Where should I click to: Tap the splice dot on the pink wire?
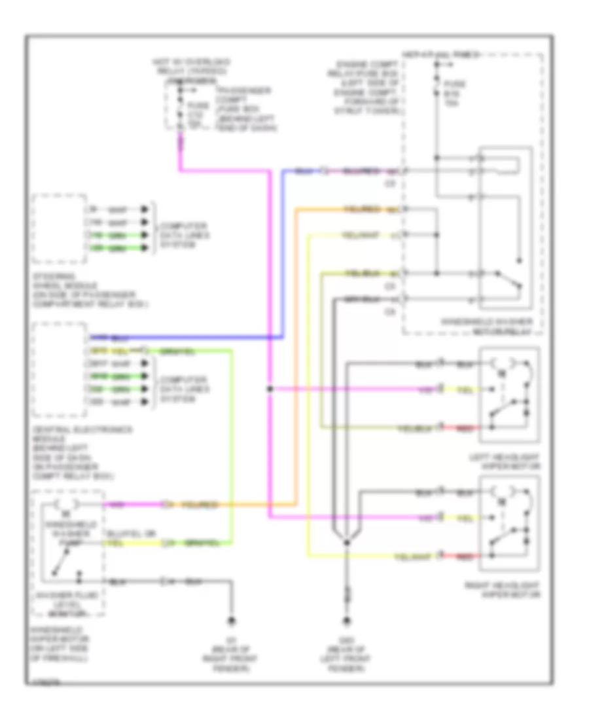(x=270, y=389)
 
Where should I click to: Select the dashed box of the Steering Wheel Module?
(x=59, y=228)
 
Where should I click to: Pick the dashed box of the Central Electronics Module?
(x=59, y=370)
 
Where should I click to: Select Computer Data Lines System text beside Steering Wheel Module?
(x=178, y=236)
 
